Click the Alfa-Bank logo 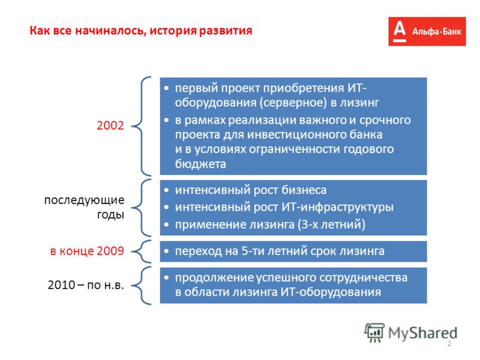(x=427, y=32)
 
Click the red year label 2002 (x=110, y=125)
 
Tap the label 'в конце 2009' (x=87, y=251)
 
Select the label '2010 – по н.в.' (x=86, y=285)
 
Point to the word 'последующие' (x=84, y=200)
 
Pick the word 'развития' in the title (x=226, y=31)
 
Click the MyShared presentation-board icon (x=374, y=332)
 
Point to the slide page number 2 (x=449, y=344)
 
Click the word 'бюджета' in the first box (x=200, y=164)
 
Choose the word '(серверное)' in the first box (x=293, y=103)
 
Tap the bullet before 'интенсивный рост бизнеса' (x=166, y=190)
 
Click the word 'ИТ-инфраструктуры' (x=337, y=207)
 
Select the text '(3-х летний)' (x=332, y=224)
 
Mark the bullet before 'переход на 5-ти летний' (x=166, y=251)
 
